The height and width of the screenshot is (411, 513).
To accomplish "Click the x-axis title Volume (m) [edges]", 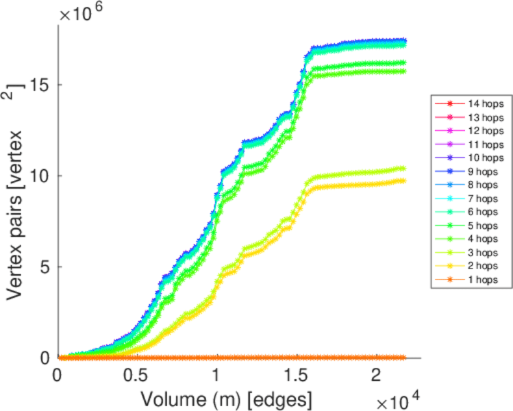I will pyautogui.click(x=227, y=398).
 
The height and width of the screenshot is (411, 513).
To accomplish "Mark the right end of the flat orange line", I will pyautogui.click(x=403, y=358).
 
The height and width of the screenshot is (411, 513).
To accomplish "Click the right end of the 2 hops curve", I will pyautogui.click(x=403, y=181).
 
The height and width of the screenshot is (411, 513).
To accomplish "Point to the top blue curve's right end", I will pyautogui.click(x=403, y=40).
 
